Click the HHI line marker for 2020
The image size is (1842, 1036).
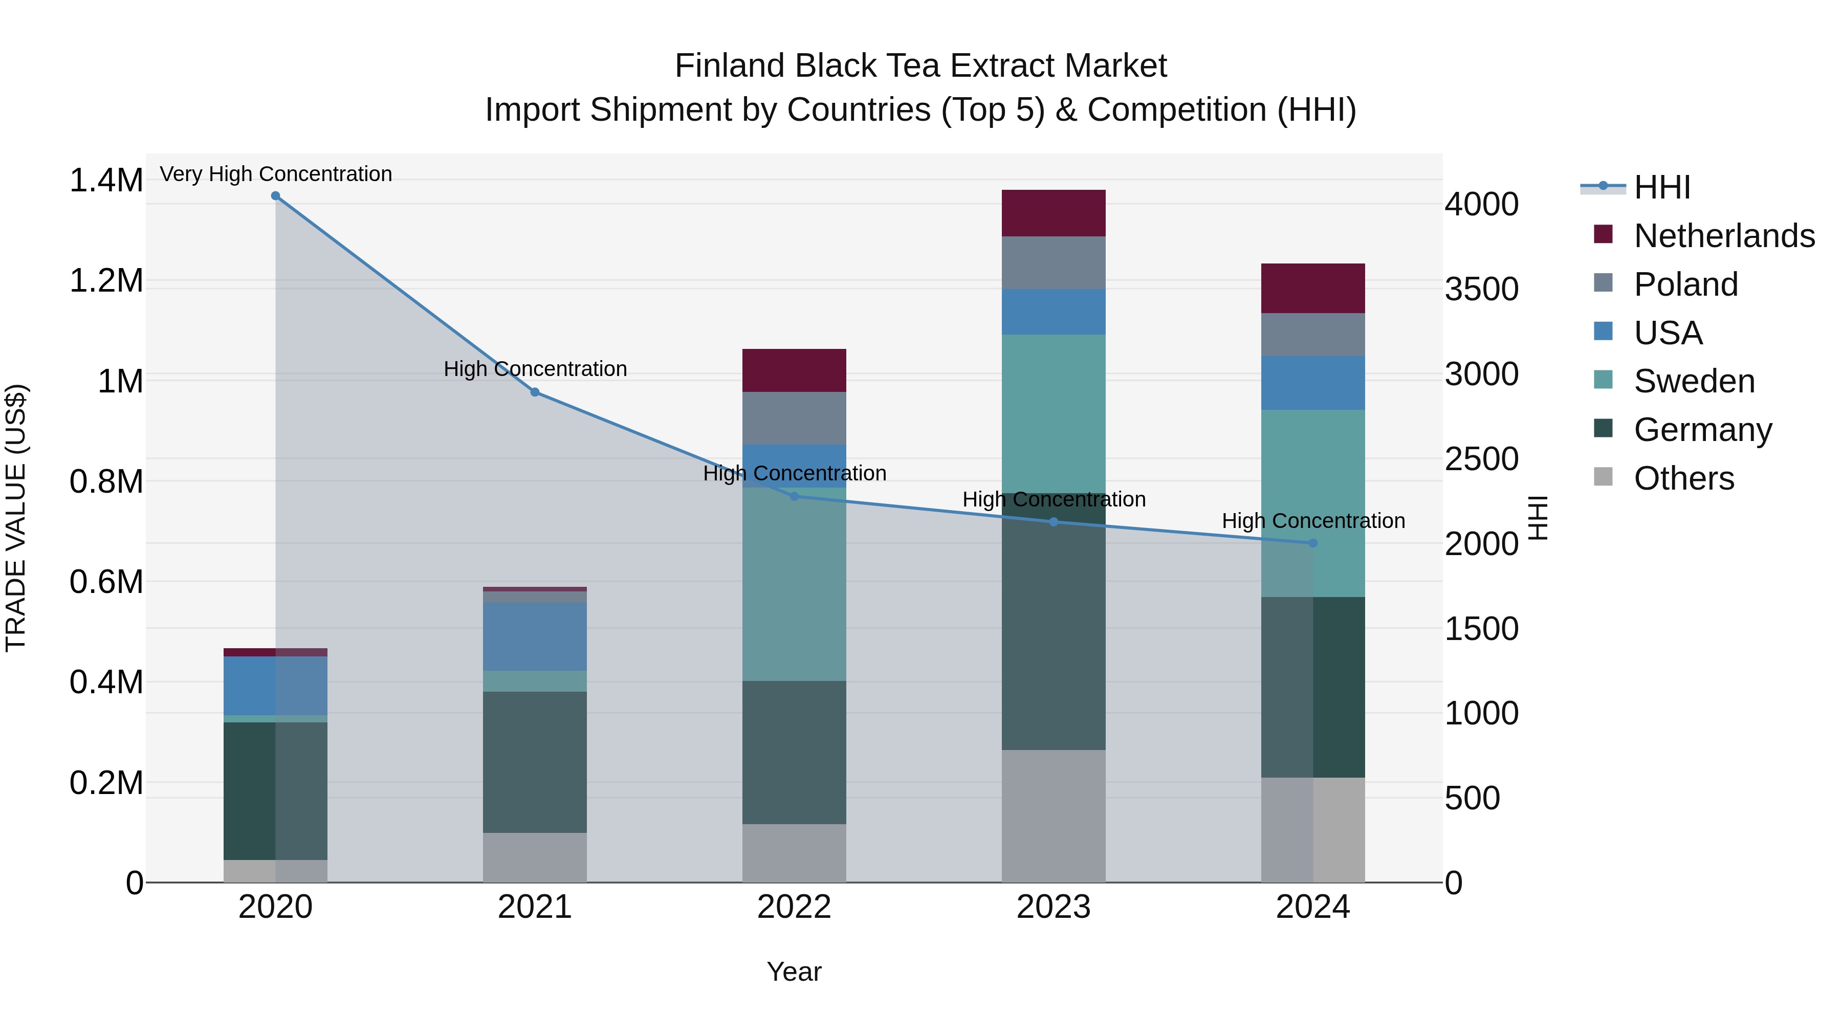point(275,196)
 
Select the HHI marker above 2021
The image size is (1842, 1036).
point(535,392)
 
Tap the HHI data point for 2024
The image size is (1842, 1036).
point(1313,543)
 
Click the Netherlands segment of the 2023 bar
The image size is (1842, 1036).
point(1054,213)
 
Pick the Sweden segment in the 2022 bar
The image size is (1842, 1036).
point(794,583)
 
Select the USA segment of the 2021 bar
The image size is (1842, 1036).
point(535,636)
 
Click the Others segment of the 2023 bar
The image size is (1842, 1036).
point(1054,816)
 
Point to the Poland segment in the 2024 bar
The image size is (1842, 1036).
point(1313,335)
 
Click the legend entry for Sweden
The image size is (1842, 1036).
point(1693,381)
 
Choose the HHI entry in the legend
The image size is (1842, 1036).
point(1661,187)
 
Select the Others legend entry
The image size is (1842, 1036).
point(1683,478)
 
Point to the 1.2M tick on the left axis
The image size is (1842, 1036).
point(106,281)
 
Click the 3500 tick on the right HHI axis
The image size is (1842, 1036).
point(1482,290)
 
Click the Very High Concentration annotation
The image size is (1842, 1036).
point(275,174)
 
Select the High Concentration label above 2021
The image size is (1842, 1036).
point(535,369)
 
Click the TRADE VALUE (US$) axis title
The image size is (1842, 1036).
point(16,518)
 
